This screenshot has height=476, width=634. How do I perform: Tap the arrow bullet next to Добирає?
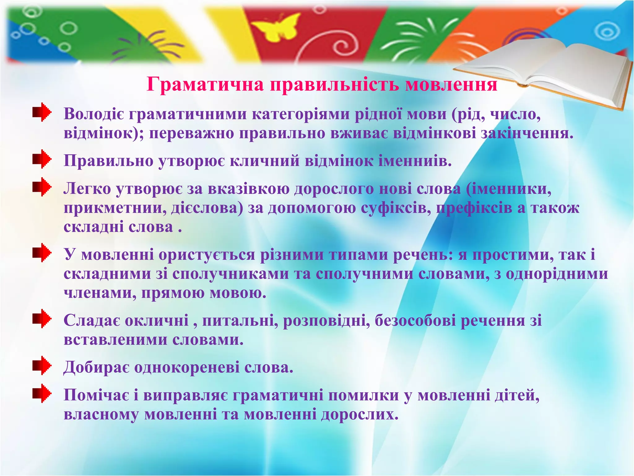point(41,366)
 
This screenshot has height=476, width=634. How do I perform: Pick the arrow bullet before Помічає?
point(41,394)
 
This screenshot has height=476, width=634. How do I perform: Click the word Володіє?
point(94,114)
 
